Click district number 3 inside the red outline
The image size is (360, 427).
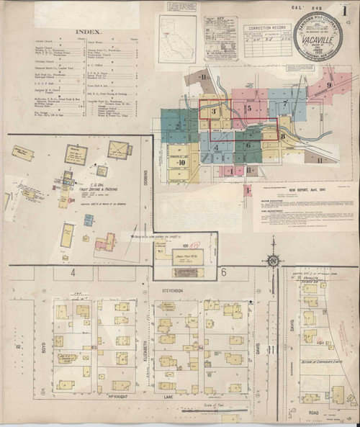click(x=214, y=112)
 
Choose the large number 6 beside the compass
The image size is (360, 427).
click(x=224, y=272)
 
